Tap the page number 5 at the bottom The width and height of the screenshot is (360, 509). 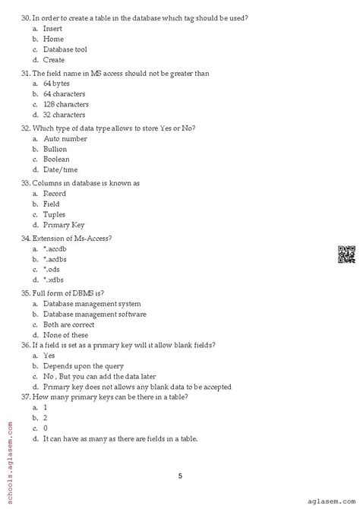(180, 456)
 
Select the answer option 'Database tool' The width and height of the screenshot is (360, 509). (65, 49)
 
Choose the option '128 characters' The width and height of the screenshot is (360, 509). (65, 105)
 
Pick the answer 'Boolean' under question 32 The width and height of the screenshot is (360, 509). (56, 160)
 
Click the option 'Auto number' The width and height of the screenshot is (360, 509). (62, 139)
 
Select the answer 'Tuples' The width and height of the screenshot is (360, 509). (55, 215)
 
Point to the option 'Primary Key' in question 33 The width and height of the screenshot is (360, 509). (64, 226)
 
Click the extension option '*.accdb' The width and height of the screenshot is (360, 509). (55, 249)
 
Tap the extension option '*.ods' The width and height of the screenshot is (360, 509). (52, 270)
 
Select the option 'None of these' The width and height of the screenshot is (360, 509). (65, 335)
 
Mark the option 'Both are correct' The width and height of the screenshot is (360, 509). (69, 325)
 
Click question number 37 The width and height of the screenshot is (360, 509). (26, 397)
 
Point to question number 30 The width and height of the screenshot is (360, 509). (26, 17)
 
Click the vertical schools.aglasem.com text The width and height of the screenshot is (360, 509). (8, 453)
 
